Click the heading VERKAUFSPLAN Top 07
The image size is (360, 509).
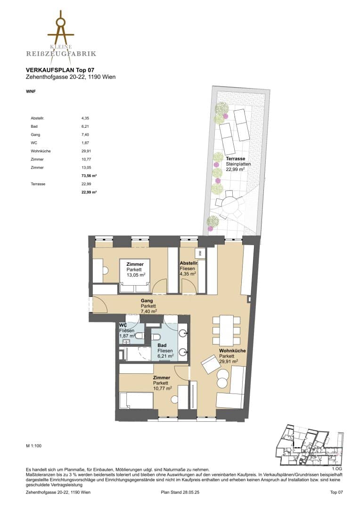[60, 70]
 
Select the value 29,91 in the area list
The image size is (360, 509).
[85, 151]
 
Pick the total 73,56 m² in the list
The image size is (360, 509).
[89, 176]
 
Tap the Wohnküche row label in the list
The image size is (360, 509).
[41, 151]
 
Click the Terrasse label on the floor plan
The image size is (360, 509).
[236, 159]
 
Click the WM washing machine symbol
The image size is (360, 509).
[200, 253]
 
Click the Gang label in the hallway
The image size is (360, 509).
[147, 301]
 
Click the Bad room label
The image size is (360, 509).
[162, 345]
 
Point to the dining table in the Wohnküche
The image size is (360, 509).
[227, 330]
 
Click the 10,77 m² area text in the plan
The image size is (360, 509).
[163, 388]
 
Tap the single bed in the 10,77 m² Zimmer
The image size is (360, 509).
[136, 402]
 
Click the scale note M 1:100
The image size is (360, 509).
[34, 446]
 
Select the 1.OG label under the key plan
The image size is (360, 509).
[337, 468]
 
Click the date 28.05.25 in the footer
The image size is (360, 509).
[191, 492]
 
